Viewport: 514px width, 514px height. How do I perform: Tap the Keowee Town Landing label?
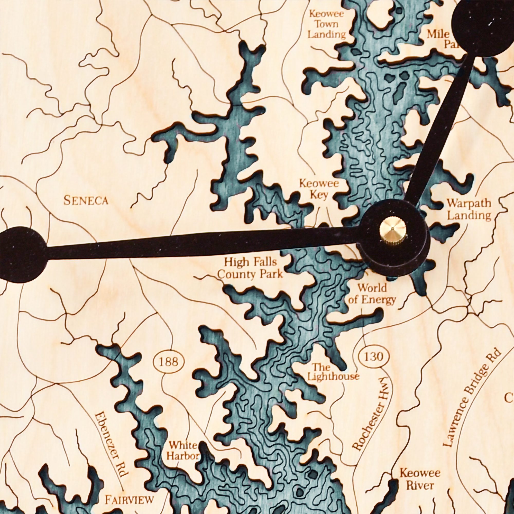pyautogui.click(x=327, y=24)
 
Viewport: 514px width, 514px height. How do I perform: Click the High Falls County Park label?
pyautogui.click(x=250, y=268)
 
